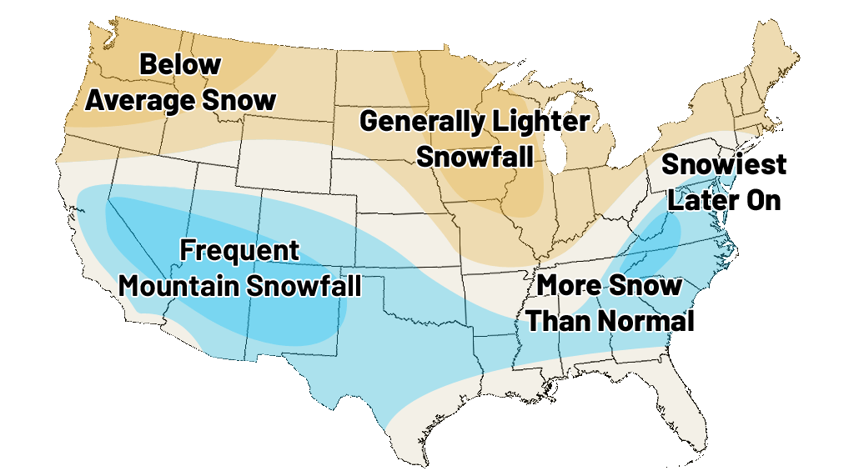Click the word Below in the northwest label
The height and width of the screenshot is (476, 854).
click(x=180, y=64)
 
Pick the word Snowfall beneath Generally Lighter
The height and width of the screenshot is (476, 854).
click(x=475, y=156)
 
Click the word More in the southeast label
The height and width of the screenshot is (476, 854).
click(x=569, y=285)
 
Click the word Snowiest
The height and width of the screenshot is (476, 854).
click(x=724, y=164)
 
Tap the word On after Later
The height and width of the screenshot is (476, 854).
click(x=764, y=200)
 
